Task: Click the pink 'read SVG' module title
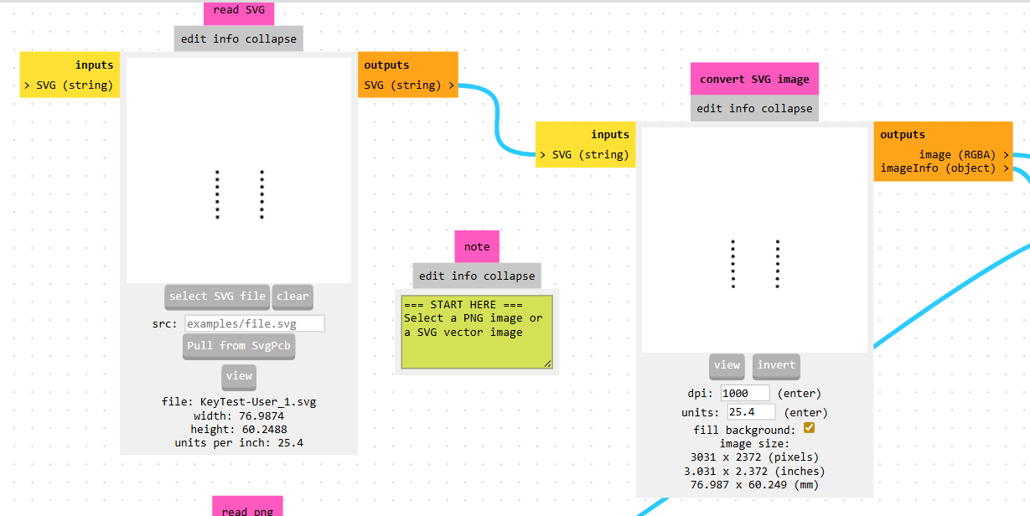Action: pos(238,11)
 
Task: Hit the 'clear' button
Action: pos(292,297)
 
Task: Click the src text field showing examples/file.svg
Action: pos(254,323)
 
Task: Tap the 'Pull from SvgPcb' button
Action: pos(239,346)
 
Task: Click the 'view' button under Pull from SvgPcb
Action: pos(239,376)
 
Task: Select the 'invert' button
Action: pos(776,365)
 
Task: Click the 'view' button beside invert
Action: pos(727,365)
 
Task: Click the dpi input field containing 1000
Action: pos(744,393)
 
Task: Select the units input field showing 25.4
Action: pos(751,412)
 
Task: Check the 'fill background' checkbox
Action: pos(809,428)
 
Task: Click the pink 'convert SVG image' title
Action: pos(754,80)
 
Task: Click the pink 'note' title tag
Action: pos(477,247)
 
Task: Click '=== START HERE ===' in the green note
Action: pos(462,305)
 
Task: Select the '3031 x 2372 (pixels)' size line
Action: pos(754,457)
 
